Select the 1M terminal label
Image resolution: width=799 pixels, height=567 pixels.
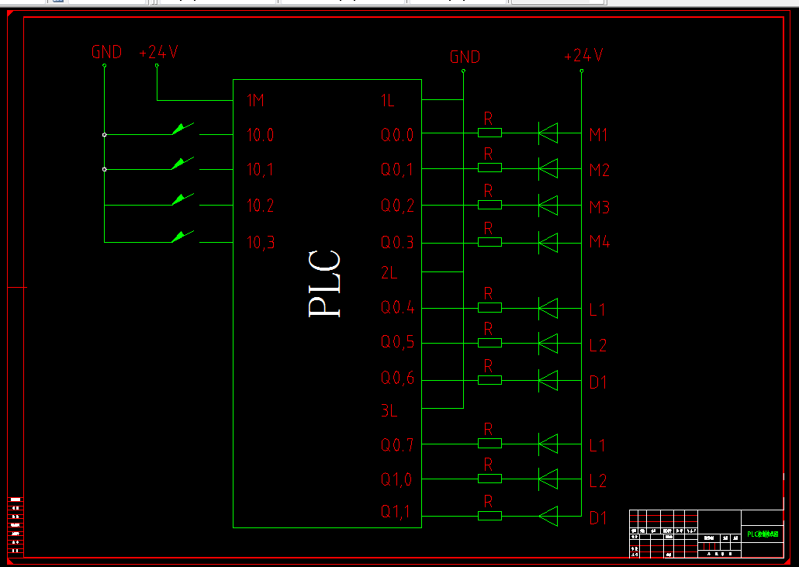[x=256, y=100]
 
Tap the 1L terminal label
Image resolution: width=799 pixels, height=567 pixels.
[x=389, y=100]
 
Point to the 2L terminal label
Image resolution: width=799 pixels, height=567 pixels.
[x=389, y=272]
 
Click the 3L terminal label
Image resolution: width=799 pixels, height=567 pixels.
[x=389, y=411]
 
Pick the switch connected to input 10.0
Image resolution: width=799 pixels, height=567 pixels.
[x=183, y=129]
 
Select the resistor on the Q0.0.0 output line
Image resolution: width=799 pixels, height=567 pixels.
[x=489, y=133]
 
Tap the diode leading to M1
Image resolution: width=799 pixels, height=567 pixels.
[x=548, y=133]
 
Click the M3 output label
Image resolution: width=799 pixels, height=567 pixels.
[x=600, y=207]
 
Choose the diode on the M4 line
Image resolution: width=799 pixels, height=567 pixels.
[x=548, y=242]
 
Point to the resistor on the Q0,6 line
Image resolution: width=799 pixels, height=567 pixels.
[x=489, y=380]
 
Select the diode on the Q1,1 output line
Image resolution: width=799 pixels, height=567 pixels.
[x=548, y=515]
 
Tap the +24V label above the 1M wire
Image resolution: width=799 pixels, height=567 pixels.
[x=158, y=53]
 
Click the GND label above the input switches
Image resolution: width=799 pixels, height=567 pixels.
[x=106, y=53]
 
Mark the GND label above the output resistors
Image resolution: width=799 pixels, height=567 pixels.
[x=465, y=57]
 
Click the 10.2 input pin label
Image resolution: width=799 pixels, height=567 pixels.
[x=261, y=206]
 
